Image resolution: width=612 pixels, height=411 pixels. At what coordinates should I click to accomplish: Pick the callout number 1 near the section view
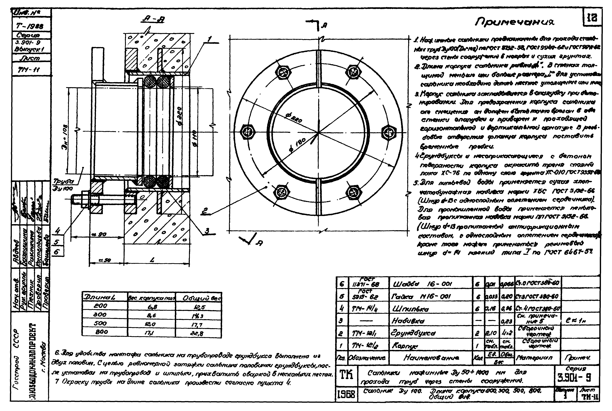[x=209, y=39]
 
